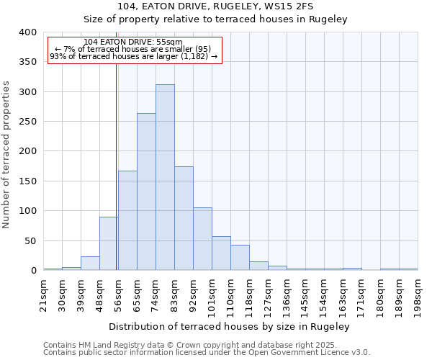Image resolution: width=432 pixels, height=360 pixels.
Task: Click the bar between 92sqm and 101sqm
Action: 202,239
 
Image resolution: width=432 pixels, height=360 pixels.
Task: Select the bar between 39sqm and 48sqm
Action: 90,264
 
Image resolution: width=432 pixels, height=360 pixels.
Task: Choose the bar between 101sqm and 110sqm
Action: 221,253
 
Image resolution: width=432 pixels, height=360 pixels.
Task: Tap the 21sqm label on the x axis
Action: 43,294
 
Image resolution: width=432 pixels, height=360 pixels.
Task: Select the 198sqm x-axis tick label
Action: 417,294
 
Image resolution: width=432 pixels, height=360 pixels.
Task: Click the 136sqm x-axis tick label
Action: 287,294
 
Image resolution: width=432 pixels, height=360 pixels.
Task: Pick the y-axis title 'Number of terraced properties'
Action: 6,155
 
